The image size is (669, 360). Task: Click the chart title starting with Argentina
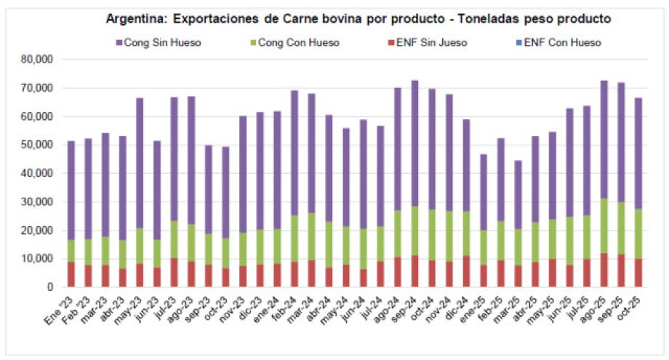tap(358, 18)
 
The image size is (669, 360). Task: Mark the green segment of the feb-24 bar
tap(294, 239)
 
